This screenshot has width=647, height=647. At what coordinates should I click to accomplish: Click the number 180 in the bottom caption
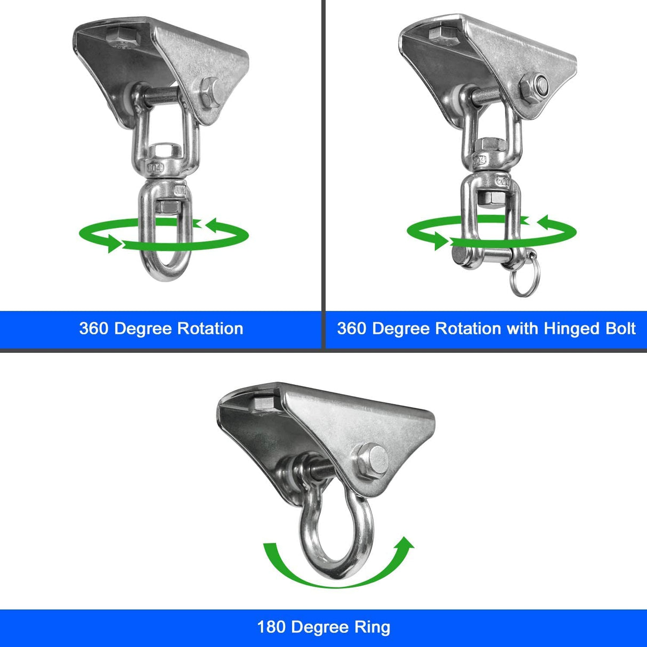272,627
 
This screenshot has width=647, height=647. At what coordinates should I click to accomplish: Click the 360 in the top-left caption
94,328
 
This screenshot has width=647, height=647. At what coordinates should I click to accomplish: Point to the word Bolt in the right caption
621,328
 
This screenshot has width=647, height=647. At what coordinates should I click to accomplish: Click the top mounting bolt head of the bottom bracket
264,402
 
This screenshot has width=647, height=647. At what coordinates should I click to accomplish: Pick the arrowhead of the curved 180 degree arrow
406,545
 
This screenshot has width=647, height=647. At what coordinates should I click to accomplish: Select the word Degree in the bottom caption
319,627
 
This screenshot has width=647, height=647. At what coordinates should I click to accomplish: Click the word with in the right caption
522,328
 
